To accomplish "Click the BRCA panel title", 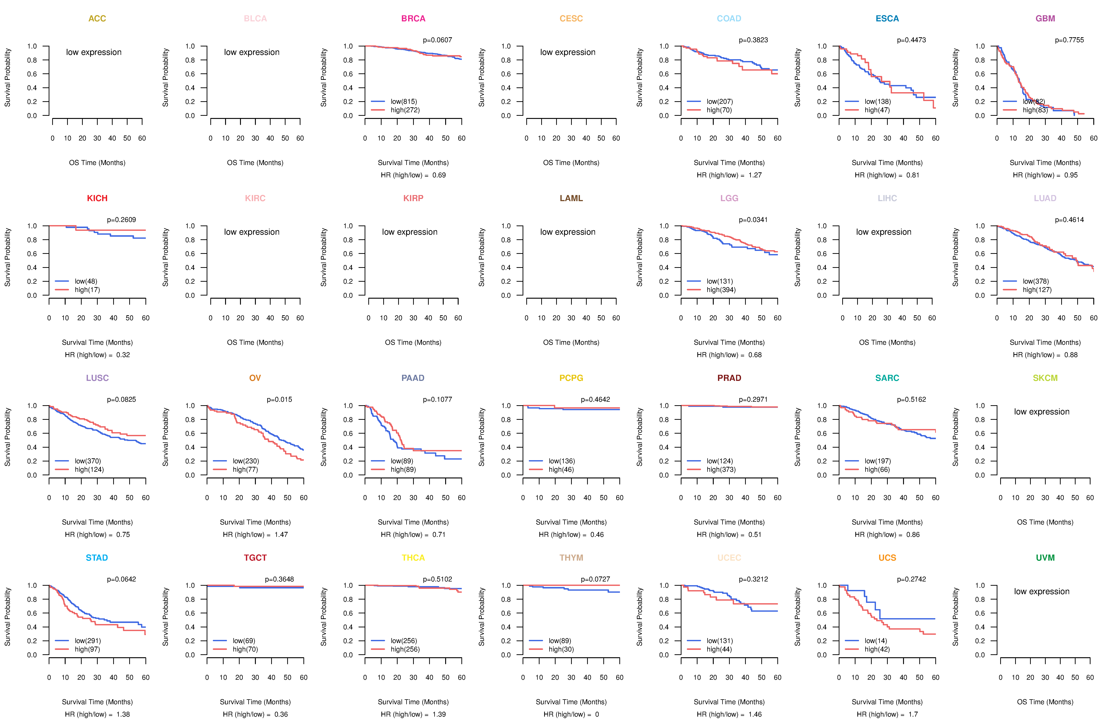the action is pyautogui.click(x=413, y=19).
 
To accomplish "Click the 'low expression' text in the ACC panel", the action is pyautogui.click(x=94, y=52).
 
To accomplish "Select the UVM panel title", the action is pyautogui.click(x=1045, y=558).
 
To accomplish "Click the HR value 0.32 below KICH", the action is pyautogui.click(x=123, y=355).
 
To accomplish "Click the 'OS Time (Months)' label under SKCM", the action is pyautogui.click(x=1045, y=522).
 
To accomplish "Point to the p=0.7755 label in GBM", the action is pyautogui.click(x=1069, y=40).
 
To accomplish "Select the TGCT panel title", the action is pyautogui.click(x=255, y=558).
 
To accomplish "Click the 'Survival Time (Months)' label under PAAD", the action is pyautogui.click(x=413, y=522).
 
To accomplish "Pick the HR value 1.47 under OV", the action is pyautogui.click(x=281, y=534).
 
